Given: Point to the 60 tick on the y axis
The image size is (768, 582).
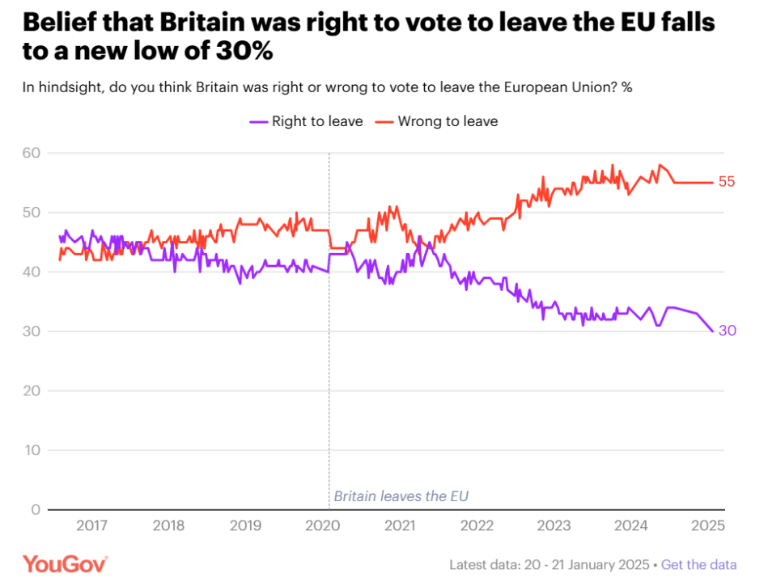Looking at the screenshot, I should (x=32, y=153).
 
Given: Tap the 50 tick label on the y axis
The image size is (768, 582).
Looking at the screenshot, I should (x=32, y=213).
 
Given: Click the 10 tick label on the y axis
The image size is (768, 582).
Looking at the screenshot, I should (x=32, y=450).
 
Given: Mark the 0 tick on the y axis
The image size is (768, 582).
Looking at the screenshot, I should (x=36, y=509).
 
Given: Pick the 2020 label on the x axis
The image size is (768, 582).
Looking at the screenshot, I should (x=323, y=525).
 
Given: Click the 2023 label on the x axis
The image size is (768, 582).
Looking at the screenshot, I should (x=554, y=525).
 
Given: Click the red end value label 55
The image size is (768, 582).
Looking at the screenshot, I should (x=727, y=182).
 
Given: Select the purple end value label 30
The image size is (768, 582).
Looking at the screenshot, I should (x=727, y=331).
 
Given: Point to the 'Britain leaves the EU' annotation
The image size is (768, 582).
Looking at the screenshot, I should (x=401, y=496).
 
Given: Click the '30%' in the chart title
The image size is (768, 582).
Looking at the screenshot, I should (x=243, y=53).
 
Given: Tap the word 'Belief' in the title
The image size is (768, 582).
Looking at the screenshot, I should (x=60, y=22).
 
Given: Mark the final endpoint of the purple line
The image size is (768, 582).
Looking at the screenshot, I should (x=713, y=331).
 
